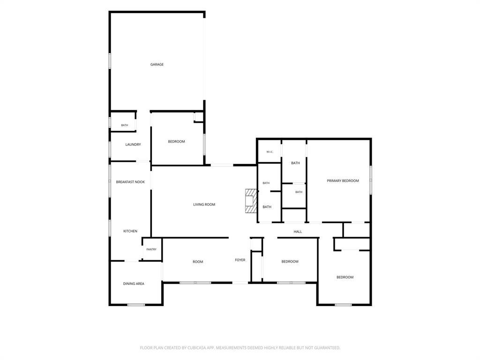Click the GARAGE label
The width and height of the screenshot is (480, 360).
[157, 65]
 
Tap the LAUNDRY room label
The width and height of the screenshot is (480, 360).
[133, 144]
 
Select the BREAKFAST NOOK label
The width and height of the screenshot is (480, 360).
[130, 182]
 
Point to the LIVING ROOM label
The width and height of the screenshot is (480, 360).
[204, 204]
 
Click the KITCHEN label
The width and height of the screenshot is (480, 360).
[130, 231]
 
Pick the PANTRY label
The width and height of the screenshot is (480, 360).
[151, 249]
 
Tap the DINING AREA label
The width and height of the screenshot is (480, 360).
[134, 284]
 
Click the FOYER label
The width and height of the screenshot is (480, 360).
[240, 260]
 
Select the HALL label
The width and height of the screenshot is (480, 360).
[298, 232]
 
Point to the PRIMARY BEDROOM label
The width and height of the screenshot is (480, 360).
[343, 181]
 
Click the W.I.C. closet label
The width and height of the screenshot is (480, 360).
[270, 152]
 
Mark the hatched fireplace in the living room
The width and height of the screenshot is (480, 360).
[251, 201]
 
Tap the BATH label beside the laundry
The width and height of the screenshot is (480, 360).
[125, 125]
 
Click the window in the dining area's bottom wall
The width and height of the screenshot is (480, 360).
[136, 305]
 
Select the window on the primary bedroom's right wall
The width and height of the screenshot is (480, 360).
[371, 180]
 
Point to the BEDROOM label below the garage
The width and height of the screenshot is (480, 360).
[176, 142]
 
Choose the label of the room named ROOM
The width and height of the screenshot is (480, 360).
[198, 262]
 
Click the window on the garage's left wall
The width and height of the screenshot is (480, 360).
[110, 60]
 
